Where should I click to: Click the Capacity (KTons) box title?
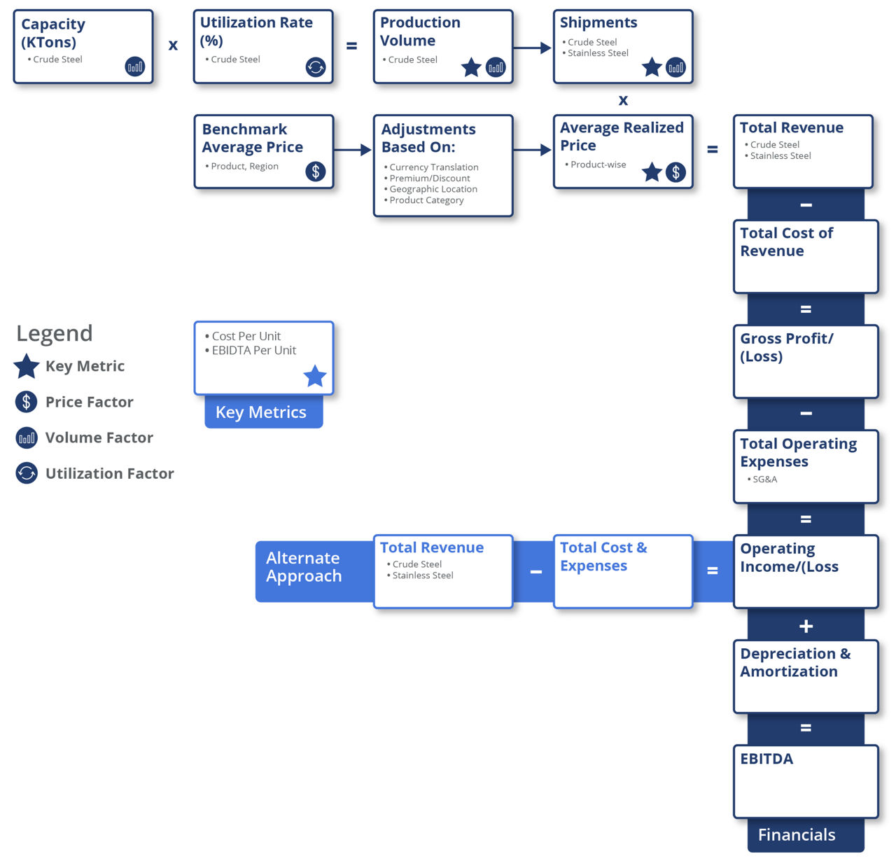53,33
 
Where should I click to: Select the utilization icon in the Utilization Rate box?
316,67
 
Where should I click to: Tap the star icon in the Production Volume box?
471,68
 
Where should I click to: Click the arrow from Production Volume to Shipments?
532,48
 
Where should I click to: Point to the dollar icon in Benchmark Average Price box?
316,171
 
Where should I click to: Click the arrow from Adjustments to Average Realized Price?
532,150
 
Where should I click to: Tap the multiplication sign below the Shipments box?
623,100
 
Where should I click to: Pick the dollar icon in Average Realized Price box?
675,172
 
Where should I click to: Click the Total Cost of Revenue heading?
786,242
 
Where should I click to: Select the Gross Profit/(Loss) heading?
786,347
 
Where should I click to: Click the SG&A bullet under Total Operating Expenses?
764,479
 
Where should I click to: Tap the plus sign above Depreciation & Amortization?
806,626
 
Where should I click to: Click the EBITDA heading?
766,759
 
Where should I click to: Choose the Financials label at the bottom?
797,835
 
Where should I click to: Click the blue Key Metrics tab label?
261,412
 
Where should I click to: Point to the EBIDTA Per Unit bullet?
253,351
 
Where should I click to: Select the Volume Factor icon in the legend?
27,438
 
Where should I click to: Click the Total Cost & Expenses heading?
603,556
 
